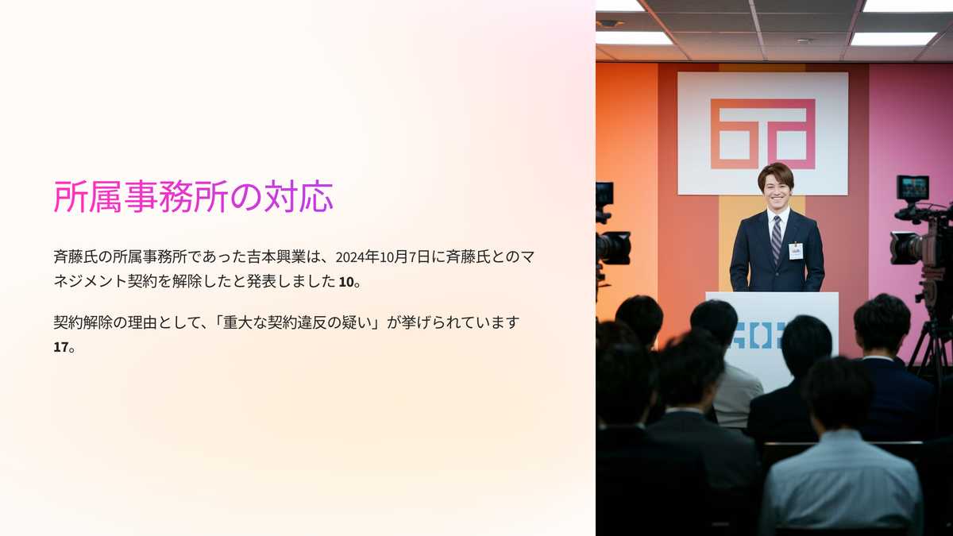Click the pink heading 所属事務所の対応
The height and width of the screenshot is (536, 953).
(193, 197)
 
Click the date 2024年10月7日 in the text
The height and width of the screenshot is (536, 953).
(383, 257)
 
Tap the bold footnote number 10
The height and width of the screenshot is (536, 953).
(346, 282)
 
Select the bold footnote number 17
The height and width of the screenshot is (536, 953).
(61, 347)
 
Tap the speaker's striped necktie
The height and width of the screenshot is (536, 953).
(777, 238)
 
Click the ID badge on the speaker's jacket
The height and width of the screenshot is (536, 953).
(795, 251)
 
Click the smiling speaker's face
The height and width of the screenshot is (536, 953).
(777, 190)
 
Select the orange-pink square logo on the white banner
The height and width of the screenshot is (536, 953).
(763, 134)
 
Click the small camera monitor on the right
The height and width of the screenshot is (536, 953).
(913, 187)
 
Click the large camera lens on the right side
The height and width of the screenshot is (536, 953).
(905, 248)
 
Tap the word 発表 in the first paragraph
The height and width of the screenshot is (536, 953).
(261, 282)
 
